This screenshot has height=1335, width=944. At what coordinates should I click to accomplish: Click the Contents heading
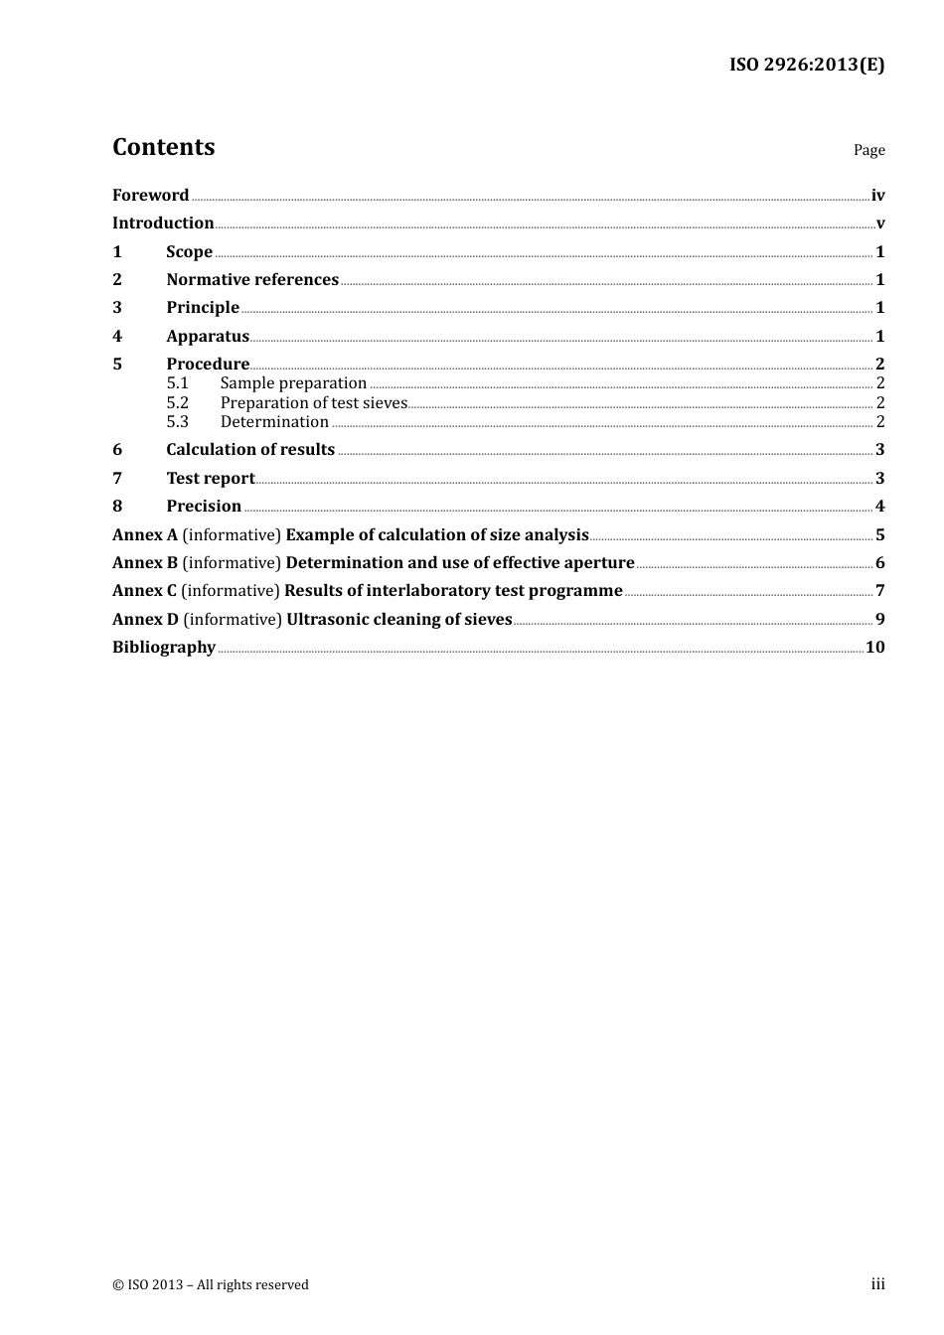(x=163, y=147)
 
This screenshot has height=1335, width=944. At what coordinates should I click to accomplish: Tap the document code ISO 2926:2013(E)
(x=806, y=65)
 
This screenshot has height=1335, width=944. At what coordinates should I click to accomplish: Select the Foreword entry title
(x=150, y=196)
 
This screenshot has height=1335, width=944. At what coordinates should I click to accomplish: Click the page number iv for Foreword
(x=877, y=196)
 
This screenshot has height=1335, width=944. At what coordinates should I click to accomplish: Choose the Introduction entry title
(x=163, y=223)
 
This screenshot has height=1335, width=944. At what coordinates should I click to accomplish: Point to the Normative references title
(x=252, y=280)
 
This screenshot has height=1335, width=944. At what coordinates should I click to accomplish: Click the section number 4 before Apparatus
(x=117, y=337)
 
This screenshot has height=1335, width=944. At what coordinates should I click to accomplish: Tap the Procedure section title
(x=208, y=365)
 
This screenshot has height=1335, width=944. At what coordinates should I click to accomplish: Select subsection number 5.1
(x=177, y=383)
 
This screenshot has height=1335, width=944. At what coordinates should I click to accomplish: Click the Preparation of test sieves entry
(x=313, y=403)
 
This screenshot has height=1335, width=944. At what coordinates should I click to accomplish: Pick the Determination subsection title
(x=274, y=422)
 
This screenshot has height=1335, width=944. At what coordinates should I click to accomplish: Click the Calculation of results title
(x=250, y=450)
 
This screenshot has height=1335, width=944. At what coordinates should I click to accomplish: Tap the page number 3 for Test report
(x=879, y=479)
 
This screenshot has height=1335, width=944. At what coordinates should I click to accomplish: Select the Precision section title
(x=204, y=507)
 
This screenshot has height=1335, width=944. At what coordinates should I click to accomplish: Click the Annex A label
(x=145, y=535)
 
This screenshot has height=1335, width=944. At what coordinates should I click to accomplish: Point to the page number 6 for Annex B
(x=879, y=563)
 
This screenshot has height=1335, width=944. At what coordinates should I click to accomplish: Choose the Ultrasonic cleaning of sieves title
(x=398, y=620)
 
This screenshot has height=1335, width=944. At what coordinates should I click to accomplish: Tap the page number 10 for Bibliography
(x=874, y=648)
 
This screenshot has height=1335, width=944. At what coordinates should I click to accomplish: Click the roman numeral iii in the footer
(x=877, y=1284)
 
